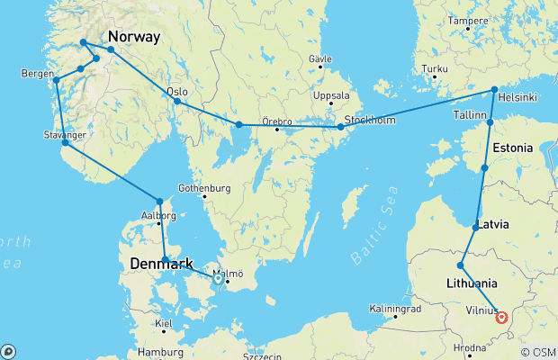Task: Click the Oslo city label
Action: click(x=176, y=91)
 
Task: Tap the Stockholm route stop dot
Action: click(x=340, y=128)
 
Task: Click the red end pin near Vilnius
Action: click(x=502, y=317)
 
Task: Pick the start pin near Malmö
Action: click(x=218, y=279)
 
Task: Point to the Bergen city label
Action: click(x=36, y=73)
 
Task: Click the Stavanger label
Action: click(x=64, y=135)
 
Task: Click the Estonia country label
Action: click(x=513, y=148)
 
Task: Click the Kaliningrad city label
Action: click(x=395, y=309)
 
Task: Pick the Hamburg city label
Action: click(x=161, y=352)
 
